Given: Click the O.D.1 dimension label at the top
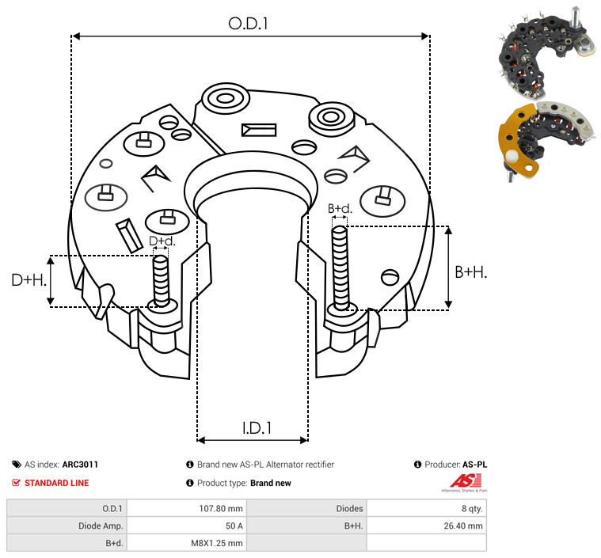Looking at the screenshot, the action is pyautogui.click(x=248, y=24).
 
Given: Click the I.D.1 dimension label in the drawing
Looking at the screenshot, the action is pyautogui.click(x=257, y=427).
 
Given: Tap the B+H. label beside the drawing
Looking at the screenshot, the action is pyautogui.click(x=470, y=272).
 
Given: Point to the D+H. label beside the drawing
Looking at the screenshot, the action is pyautogui.click(x=29, y=280).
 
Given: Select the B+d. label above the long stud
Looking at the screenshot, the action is pyautogui.click(x=340, y=208).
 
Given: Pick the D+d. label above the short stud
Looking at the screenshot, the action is pyautogui.click(x=162, y=241).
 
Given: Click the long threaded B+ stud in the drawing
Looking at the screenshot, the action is pyautogui.click(x=340, y=268).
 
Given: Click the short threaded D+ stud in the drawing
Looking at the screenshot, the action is pyautogui.click(x=161, y=281).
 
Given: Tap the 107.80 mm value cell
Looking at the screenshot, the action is pyautogui.click(x=221, y=509).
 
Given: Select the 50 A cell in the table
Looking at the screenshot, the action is pyautogui.click(x=234, y=526).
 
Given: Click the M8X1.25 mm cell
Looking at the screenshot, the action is pyautogui.click(x=217, y=543).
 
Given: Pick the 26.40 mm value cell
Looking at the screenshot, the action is pyautogui.click(x=463, y=526).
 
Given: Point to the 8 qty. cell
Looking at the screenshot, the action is pyautogui.click(x=472, y=509).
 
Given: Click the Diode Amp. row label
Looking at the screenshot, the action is pyautogui.click(x=101, y=526).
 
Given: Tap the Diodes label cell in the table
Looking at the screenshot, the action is pyautogui.click(x=349, y=509).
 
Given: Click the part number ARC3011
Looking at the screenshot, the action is pyautogui.click(x=80, y=465).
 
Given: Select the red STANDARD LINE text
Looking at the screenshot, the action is pyautogui.click(x=57, y=483).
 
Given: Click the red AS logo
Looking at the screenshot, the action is pyautogui.click(x=466, y=481).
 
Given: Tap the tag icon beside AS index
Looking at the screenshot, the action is pyautogui.click(x=17, y=465).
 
